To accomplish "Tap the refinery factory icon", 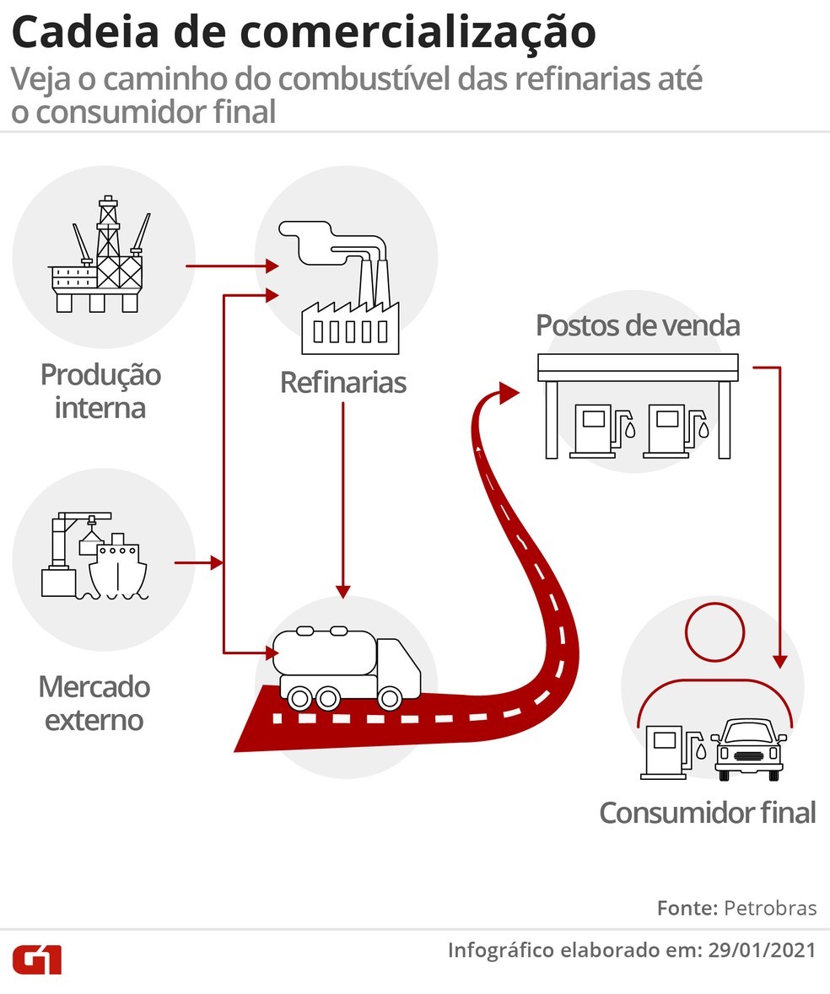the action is (x=340, y=287).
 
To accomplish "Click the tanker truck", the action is (x=346, y=668).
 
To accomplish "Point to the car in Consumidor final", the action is (x=749, y=750).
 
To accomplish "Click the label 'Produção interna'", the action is (x=100, y=390).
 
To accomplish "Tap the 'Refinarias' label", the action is (x=343, y=382).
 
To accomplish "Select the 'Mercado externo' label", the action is (x=94, y=703).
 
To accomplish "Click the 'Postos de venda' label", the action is (x=638, y=325).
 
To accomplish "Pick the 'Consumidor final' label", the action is (x=708, y=813).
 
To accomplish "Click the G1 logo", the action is (x=37, y=959).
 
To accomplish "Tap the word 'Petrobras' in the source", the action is (x=770, y=908).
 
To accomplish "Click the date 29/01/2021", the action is (x=762, y=949).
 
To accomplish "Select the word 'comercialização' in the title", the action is (x=418, y=32).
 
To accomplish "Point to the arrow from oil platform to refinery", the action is (x=232, y=266).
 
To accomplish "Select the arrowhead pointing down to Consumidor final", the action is (x=780, y=660).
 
